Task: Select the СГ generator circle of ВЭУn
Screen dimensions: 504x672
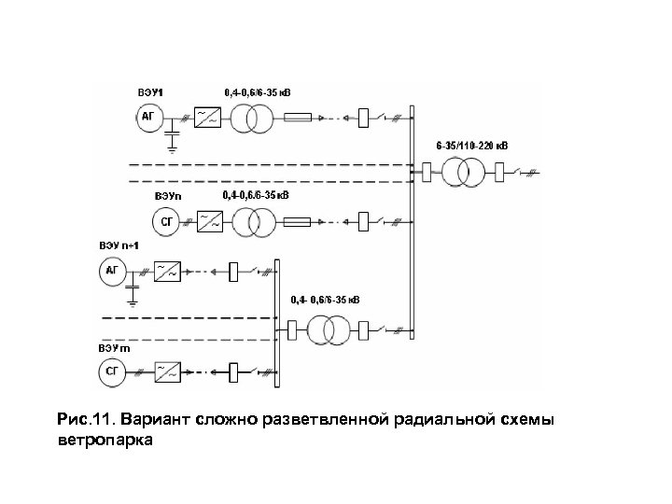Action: click(166, 222)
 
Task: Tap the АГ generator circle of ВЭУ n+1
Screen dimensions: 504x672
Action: click(114, 273)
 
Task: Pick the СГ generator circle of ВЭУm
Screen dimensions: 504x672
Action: click(114, 373)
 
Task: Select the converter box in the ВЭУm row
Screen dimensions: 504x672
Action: click(169, 373)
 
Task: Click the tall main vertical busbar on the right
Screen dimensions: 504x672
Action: click(412, 224)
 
